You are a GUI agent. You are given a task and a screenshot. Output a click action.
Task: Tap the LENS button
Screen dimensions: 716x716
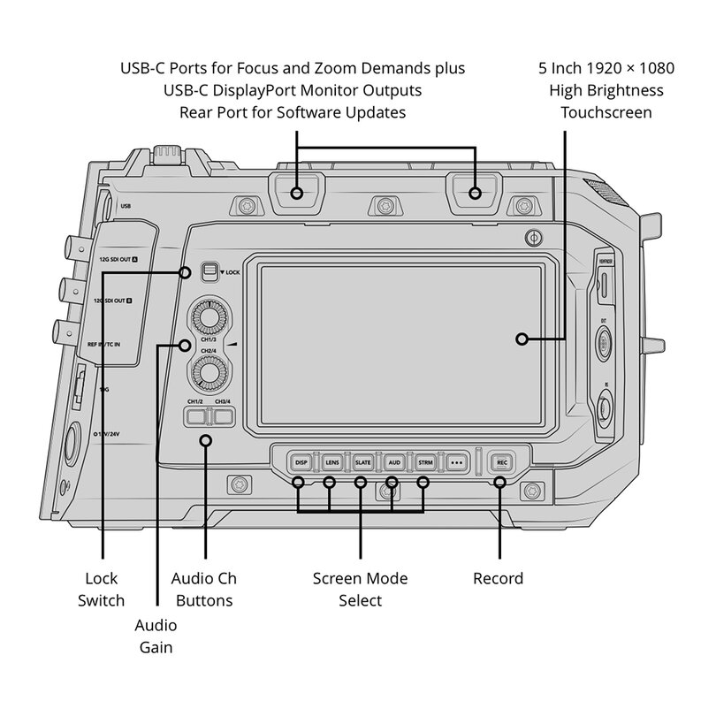pos(331,462)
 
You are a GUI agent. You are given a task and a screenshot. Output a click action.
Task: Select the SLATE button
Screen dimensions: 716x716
pos(362,462)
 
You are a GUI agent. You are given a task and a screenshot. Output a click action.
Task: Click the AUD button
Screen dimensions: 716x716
pos(394,462)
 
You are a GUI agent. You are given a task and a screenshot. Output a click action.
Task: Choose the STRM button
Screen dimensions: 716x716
pos(425,462)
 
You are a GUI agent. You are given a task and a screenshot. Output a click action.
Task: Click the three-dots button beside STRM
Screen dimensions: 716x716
pos(456,462)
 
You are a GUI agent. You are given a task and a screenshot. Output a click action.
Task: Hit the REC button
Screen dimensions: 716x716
pos(501,462)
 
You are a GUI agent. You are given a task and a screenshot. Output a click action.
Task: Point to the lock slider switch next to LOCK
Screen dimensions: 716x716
pos(209,271)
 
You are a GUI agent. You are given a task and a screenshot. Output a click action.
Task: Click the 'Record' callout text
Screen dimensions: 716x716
pos(499,579)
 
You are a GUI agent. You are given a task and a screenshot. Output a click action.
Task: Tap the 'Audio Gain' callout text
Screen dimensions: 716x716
pos(156,636)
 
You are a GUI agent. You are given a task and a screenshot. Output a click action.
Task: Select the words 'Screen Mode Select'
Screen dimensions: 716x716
pos(361,590)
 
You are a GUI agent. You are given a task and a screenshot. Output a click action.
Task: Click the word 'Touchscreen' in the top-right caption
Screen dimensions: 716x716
pos(606,112)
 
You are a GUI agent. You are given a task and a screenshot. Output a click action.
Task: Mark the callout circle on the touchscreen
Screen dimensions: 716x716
pos(522,339)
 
